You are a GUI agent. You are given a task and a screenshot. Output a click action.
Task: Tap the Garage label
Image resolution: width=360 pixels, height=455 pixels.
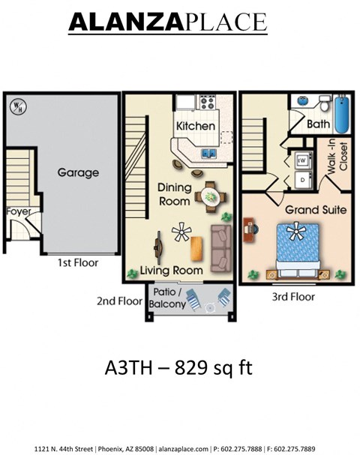click(79, 172)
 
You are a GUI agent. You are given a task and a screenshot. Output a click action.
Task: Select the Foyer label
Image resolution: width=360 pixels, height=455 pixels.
click(18, 211)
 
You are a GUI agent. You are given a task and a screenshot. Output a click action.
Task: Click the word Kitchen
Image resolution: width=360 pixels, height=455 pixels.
click(196, 126)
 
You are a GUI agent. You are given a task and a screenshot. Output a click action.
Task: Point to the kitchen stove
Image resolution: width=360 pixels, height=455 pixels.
click(206, 103)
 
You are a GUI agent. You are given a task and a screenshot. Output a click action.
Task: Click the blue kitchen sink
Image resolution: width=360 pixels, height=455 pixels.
click(210, 154)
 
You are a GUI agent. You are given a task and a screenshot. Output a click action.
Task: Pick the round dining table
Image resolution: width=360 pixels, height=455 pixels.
click(209, 197)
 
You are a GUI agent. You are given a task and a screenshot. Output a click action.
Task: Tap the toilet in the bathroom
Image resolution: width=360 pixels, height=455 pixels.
click(323, 103)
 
